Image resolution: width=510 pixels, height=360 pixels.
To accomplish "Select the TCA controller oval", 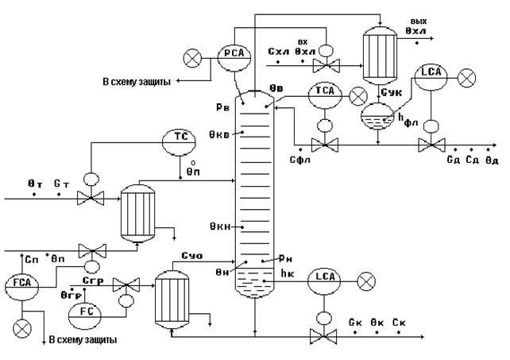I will [x=325, y=94].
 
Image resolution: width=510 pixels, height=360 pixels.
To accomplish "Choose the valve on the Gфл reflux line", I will [x=323, y=145].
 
